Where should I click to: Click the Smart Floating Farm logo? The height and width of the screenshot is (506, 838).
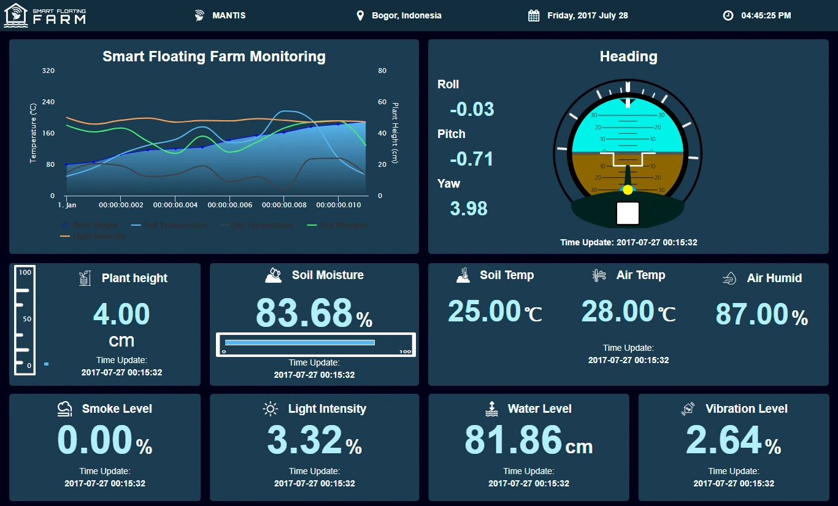pos(45,15)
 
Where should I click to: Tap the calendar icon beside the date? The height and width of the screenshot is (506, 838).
pos(534,15)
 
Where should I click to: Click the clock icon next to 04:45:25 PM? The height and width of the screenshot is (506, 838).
pos(728,15)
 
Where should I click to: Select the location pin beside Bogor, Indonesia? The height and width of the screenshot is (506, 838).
pos(360,15)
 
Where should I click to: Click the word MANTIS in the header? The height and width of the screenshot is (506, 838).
pos(229,15)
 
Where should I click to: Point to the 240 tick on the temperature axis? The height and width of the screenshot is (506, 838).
pos(48,102)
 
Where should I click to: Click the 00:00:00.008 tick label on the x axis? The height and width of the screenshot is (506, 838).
pos(284,205)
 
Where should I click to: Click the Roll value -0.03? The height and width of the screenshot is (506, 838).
pos(472,109)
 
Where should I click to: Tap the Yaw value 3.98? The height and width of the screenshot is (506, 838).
pos(469,209)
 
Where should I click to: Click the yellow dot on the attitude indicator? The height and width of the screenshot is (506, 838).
pos(628,190)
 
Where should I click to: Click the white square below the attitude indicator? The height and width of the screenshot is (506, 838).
pos(628,213)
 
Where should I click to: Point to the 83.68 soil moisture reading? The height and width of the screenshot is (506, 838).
pos(304,313)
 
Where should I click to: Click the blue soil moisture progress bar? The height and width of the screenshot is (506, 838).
pos(299,342)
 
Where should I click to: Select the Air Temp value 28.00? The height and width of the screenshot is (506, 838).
pos(618,311)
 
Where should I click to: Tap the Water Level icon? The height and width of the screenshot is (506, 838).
pos(491,408)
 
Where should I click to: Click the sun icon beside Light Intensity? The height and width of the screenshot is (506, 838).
pos(271,408)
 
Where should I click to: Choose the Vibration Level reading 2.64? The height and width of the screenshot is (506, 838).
pos(725,440)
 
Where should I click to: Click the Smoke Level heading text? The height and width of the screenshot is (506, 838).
pos(117,408)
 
